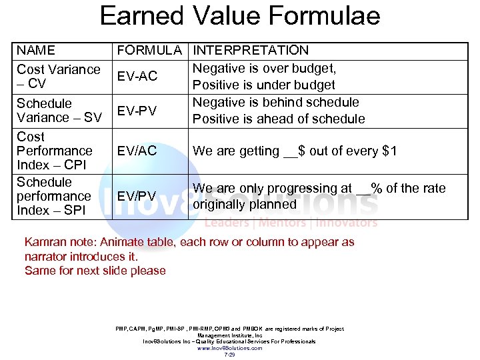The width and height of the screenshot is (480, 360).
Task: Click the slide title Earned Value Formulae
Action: tap(240, 15)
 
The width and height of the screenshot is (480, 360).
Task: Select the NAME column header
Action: tap(36, 50)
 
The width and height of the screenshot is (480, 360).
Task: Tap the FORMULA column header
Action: tap(149, 50)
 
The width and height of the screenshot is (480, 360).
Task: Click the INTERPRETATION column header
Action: tap(251, 50)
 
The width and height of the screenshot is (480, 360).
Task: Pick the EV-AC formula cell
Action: tap(137, 76)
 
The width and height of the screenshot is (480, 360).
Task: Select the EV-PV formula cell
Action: tap(137, 111)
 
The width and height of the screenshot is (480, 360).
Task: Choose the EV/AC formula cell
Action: tap(137, 151)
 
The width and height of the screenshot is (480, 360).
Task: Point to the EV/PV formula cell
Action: tap(137, 196)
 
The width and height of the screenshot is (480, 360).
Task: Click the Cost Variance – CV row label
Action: tap(58, 76)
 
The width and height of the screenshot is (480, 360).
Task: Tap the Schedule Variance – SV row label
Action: tap(59, 111)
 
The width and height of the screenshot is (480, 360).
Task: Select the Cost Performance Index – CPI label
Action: tap(54, 151)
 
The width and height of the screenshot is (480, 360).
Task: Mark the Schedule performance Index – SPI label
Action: tap(53, 196)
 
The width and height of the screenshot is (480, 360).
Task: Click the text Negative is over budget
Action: tap(264, 68)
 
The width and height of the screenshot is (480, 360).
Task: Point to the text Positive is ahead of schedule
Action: tap(279, 119)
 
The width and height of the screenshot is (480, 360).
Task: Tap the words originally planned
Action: tap(244, 204)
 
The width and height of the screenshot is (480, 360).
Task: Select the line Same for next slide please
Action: tap(95, 270)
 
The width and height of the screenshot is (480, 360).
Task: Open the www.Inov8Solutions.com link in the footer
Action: tap(229, 348)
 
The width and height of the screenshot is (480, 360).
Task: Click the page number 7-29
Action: tap(229, 355)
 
